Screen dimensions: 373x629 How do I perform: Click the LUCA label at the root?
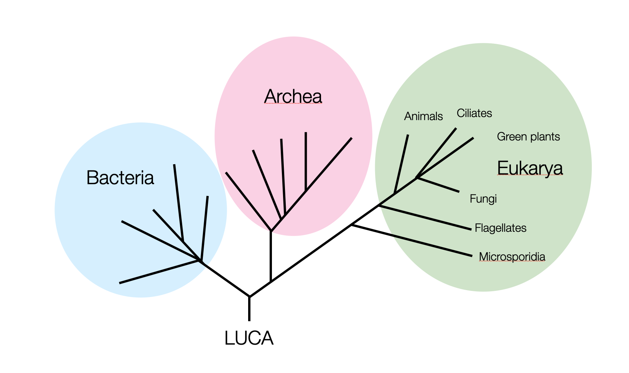tap(249, 338)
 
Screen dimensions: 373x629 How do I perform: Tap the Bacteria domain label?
tap(120, 178)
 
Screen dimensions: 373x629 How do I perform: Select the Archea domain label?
tap(293, 96)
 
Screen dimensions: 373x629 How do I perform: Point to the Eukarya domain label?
tap(530, 168)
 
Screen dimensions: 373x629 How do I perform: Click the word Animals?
tap(423, 116)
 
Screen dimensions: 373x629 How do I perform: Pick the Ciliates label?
tap(474, 113)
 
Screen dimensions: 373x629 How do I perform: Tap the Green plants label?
tap(528, 137)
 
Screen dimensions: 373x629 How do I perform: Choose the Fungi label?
tap(483, 199)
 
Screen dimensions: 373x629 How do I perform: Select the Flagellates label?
tap(500, 228)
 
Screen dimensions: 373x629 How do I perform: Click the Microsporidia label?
tap(512, 257)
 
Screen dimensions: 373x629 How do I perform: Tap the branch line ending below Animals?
tap(402, 163)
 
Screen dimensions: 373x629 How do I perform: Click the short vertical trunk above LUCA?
tap(249, 309)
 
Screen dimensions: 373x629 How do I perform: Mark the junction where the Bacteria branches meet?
tap(200, 261)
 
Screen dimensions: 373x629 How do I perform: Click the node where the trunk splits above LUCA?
tap(249, 296)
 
